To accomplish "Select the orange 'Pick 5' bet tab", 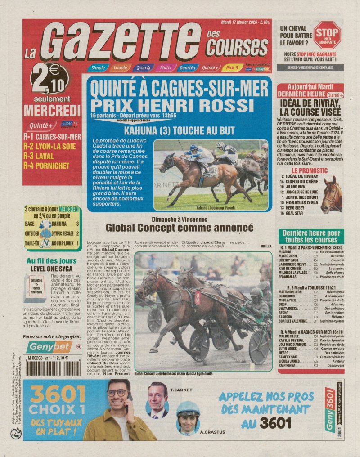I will (x=232, y=67).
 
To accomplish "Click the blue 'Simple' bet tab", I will (x=98, y=68).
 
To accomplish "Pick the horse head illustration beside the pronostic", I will (x=333, y=194).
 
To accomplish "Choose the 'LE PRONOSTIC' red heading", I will (x=309, y=170).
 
